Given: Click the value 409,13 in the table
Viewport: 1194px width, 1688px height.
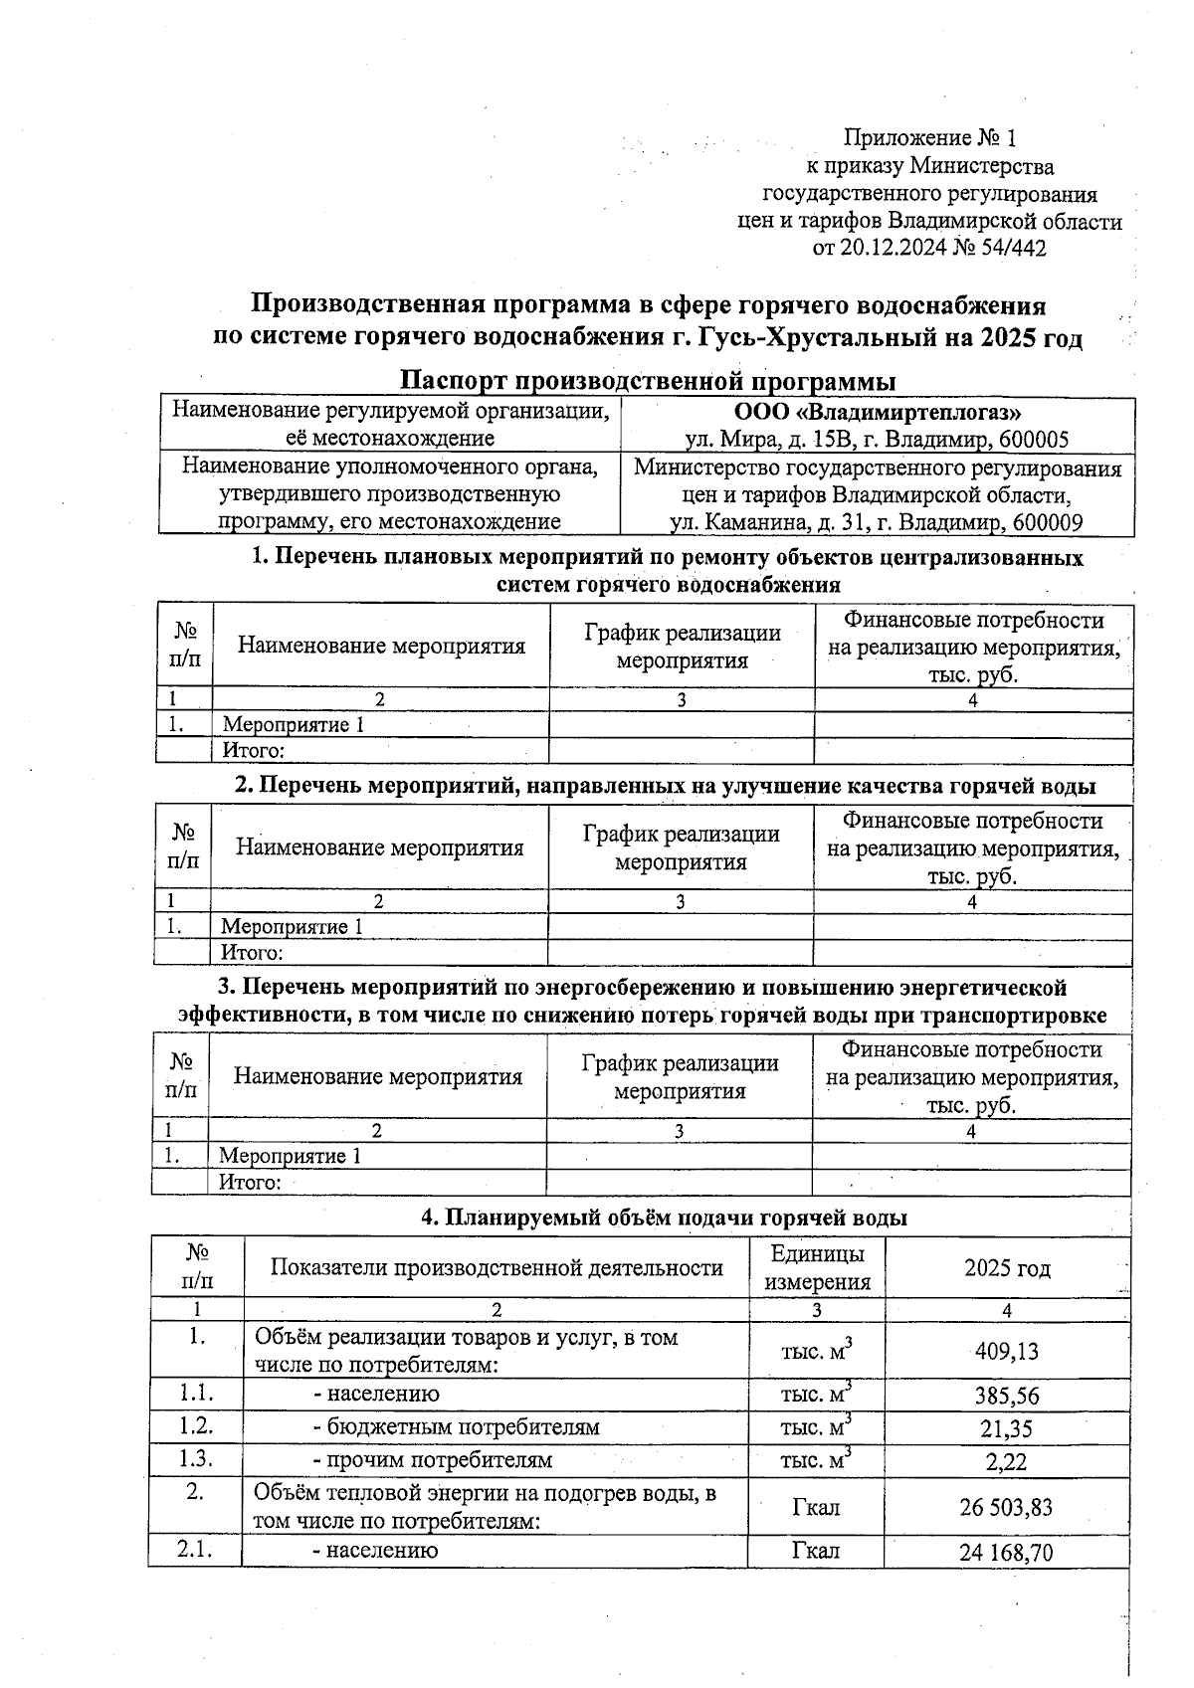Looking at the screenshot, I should tap(1006, 1351).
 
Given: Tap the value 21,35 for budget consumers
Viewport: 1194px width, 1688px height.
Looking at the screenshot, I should tap(1006, 1428).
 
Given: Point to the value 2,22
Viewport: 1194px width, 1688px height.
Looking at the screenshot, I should tap(1006, 1461).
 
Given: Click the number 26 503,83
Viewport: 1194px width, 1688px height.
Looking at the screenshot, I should tap(1006, 1507).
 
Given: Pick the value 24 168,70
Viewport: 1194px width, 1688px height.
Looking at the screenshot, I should tap(1006, 1552).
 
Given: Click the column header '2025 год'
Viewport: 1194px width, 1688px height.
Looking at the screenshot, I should tap(1007, 1268).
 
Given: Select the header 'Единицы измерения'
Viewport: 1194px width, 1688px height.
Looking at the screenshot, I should tap(817, 1268).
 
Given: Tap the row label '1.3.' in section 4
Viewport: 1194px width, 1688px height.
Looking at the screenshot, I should tap(196, 1459).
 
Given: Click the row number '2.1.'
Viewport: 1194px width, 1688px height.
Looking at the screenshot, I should tap(196, 1550).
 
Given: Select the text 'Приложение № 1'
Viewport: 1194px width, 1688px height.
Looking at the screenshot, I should tap(929, 137).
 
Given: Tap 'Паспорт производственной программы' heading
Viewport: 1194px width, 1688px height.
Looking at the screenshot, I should tap(647, 381).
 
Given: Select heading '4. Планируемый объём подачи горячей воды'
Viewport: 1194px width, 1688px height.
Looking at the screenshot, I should tap(664, 1218).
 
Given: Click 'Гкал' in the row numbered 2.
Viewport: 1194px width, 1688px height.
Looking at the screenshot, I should tap(816, 1507).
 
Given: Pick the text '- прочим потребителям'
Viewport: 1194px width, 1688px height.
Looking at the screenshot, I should tap(432, 1460).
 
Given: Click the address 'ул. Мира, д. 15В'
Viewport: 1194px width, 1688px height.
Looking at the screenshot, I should tap(762, 440).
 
